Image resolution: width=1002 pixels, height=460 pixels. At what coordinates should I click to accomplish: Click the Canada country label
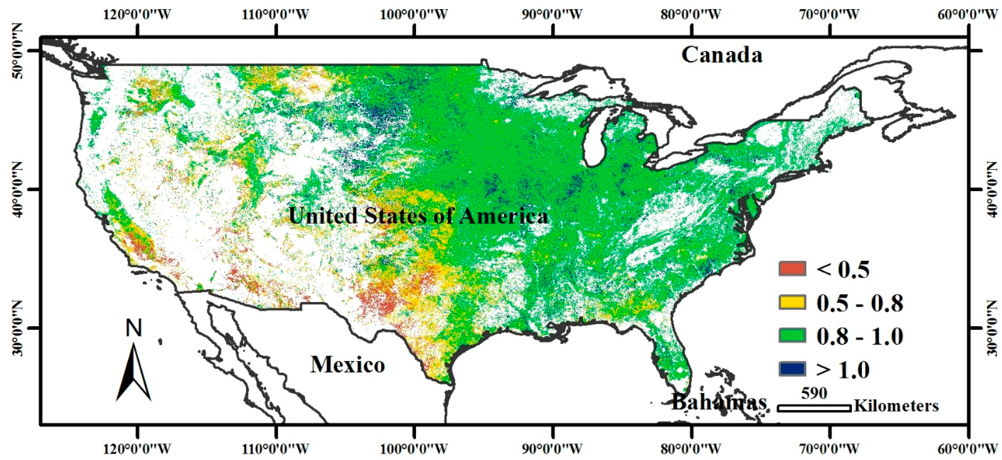[721, 55]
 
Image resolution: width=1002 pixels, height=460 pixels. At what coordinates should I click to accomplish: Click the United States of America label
[418, 215]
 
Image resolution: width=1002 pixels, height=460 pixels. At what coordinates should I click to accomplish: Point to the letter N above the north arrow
[133, 328]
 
